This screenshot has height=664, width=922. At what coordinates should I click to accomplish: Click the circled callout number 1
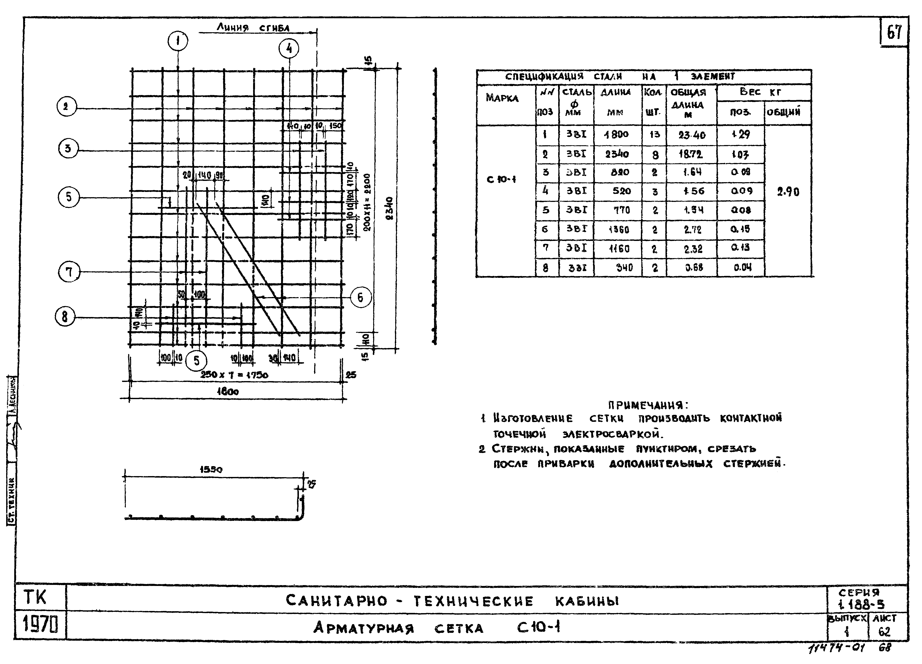(x=178, y=41)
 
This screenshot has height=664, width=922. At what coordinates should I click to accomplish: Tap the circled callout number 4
(x=289, y=49)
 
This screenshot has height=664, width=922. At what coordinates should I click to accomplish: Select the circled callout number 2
(x=66, y=107)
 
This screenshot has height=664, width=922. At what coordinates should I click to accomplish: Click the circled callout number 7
(x=69, y=272)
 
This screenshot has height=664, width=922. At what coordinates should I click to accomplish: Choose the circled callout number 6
(x=360, y=298)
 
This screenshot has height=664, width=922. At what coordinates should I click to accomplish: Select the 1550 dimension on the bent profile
(x=211, y=469)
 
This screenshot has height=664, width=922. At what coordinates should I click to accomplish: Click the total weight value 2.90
(x=788, y=192)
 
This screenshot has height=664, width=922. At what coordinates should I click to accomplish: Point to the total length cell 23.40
(x=692, y=135)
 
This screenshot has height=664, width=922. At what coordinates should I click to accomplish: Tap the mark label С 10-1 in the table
(x=501, y=179)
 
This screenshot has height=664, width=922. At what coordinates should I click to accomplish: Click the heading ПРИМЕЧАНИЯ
(x=648, y=405)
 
